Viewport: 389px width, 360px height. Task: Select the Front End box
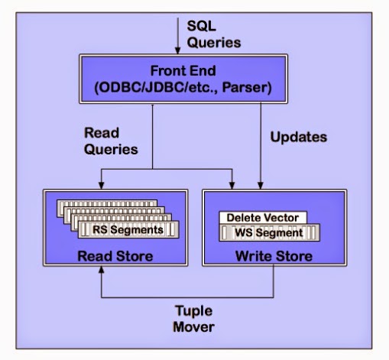point(184,80)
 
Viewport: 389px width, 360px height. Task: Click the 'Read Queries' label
point(109,141)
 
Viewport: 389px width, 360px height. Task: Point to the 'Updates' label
point(298,138)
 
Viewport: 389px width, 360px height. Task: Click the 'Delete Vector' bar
point(262,218)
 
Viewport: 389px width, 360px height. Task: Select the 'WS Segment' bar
point(267,232)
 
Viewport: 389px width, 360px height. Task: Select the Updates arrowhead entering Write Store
point(262,186)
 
